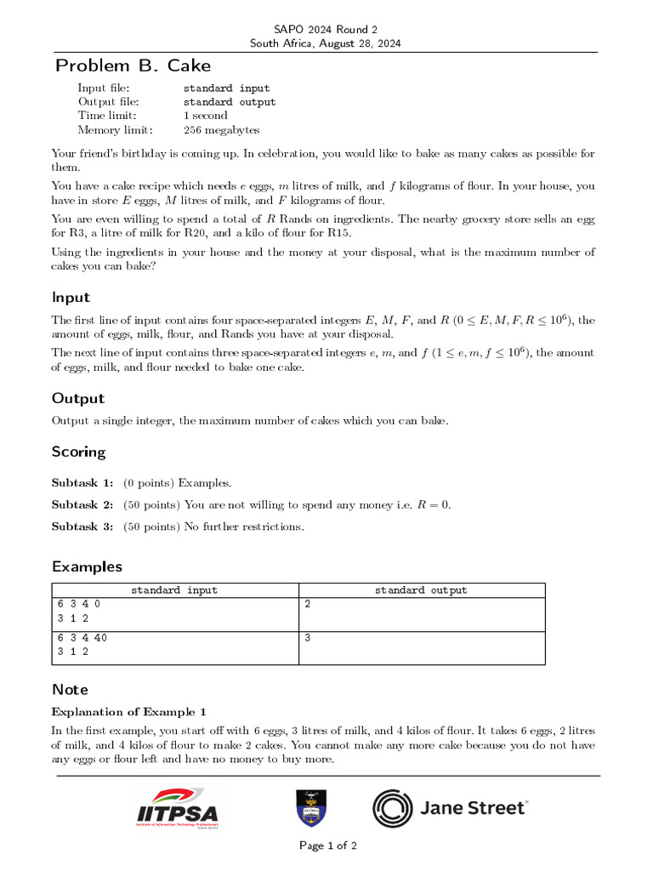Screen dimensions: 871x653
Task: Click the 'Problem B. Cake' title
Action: click(133, 65)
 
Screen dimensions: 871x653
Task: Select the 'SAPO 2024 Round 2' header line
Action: click(326, 29)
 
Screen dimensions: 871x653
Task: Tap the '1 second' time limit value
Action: click(206, 116)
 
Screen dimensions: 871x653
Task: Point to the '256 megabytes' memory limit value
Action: click(222, 130)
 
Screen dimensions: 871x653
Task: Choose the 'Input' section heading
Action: click(71, 298)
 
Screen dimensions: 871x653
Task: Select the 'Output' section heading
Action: click(77, 398)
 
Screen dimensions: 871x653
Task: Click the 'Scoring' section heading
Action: click(78, 452)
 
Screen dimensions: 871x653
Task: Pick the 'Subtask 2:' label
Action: click(82, 504)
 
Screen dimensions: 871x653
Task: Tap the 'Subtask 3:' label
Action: click(82, 527)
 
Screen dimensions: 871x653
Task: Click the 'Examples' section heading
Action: click(87, 566)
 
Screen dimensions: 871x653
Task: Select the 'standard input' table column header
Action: click(174, 590)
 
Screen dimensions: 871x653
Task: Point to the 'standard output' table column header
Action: click(421, 590)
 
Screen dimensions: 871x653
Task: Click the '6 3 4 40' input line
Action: click(82, 637)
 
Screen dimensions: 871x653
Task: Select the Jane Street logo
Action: click(451, 808)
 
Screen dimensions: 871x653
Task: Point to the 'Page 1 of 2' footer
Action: click(327, 845)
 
